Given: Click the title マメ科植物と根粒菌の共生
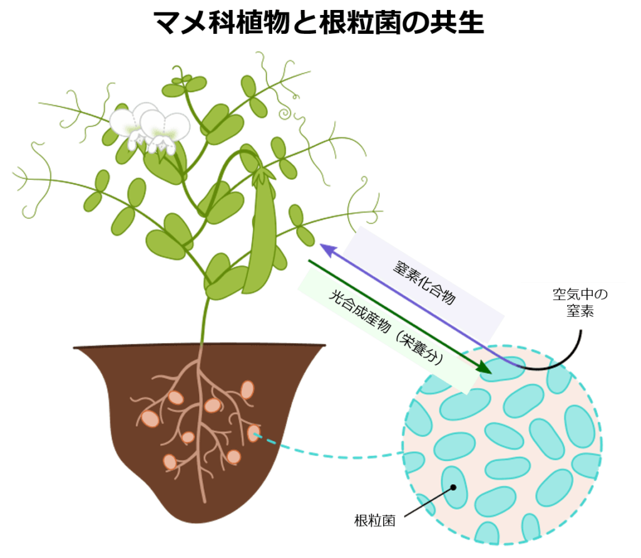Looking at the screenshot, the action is click(x=319, y=22).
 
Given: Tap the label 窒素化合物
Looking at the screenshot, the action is click(x=424, y=282).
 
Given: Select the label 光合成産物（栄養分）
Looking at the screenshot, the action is click(x=386, y=327).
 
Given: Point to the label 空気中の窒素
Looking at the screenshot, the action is click(x=580, y=302).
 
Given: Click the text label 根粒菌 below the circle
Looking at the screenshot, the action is click(x=375, y=521).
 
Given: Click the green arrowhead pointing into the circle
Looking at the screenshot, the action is click(x=485, y=368).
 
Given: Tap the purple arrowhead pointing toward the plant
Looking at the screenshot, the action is click(x=327, y=250).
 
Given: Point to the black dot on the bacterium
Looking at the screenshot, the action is click(x=453, y=487).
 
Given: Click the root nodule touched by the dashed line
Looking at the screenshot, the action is click(x=254, y=433).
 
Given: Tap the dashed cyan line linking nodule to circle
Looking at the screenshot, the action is click(x=327, y=452).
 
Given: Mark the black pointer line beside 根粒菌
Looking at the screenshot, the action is click(x=428, y=502).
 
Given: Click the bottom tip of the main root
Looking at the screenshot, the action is click(x=205, y=502).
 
